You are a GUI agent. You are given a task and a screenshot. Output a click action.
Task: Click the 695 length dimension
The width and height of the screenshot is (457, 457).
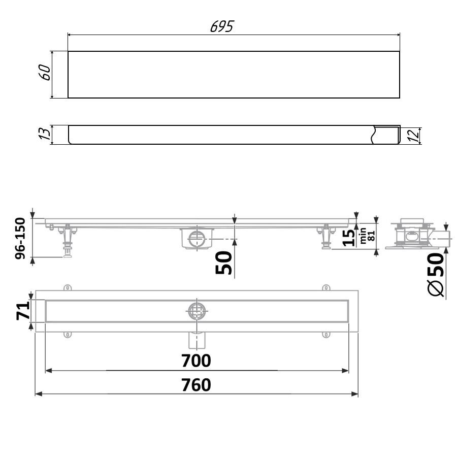(x=222, y=26)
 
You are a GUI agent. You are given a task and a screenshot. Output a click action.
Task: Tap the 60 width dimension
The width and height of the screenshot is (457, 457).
(x=45, y=72)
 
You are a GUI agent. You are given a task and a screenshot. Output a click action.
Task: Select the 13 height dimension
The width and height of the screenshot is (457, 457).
(x=45, y=134)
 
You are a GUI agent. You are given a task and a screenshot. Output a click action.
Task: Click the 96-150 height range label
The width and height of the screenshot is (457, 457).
(x=20, y=238)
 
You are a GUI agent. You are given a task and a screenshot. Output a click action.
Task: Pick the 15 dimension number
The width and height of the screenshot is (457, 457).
(x=349, y=238)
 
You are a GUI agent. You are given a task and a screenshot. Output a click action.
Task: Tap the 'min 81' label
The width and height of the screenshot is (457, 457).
(x=367, y=236)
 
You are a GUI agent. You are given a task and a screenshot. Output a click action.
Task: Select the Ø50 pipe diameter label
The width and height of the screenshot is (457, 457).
(x=436, y=274)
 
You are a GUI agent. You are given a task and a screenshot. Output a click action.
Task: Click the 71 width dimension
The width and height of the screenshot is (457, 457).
(x=23, y=311)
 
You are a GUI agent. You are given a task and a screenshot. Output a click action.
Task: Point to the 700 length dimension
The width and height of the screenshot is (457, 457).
(x=196, y=361)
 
